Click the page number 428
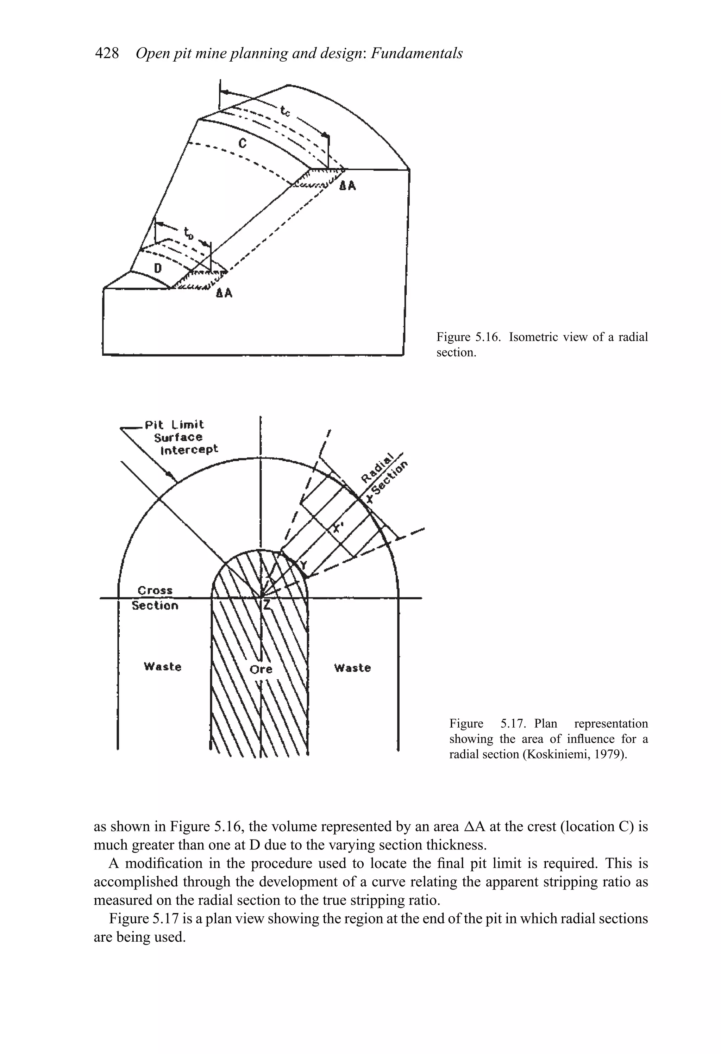click(107, 54)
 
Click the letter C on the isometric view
click(243, 143)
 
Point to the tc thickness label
click(285, 111)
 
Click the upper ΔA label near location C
click(348, 186)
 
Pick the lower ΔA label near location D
click(224, 293)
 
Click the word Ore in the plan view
click(261, 669)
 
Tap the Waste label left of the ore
click(162, 667)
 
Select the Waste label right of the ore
click(352, 668)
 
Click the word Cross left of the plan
click(155, 591)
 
